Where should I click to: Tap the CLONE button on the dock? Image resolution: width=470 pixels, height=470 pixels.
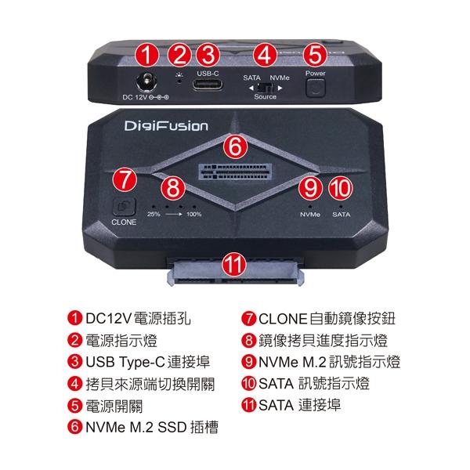point(124,208)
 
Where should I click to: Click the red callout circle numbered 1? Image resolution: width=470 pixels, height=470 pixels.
point(146,55)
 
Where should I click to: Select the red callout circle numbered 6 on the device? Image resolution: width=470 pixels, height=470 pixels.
point(235,146)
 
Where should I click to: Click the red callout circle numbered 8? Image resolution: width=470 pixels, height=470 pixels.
point(174,187)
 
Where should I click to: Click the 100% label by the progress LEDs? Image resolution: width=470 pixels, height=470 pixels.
point(193,214)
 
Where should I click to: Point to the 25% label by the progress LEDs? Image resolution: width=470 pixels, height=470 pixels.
point(154,214)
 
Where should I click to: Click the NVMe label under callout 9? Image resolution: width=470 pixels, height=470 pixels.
point(310,214)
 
